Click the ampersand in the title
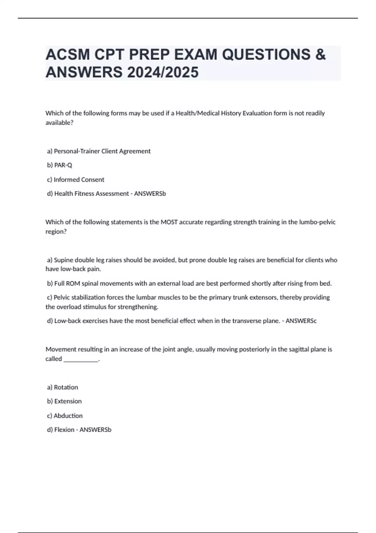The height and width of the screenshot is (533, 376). pyautogui.click(x=320, y=55)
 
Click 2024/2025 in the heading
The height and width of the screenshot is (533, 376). pyautogui.click(x=163, y=72)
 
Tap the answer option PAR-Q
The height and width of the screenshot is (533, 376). pyautogui.click(x=63, y=165)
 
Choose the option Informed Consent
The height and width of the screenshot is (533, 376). pyautogui.click(x=79, y=180)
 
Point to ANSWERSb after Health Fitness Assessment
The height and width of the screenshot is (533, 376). pyautogui.click(x=150, y=194)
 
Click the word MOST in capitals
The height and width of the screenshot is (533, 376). pyautogui.click(x=169, y=222)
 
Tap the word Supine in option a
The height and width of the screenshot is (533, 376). pyautogui.click(x=64, y=260)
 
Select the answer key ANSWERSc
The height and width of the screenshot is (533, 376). pyautogui.click(x=301, y=321)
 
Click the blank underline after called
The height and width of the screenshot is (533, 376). pyautogui.click(x=81, y=359)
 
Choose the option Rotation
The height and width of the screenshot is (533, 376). pyautogui.click(x=66, y=387)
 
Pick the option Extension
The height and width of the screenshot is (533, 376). pyautogui.click(x=68, y=401)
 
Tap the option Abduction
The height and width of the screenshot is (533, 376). pyautogui.click(x=68, y=416)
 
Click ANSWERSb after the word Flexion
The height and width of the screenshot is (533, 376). pyautogui.click(x=95, y=430)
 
